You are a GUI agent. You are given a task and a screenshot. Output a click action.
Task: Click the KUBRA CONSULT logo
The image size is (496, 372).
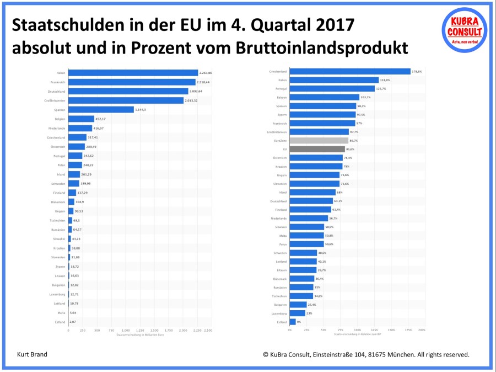click(x=465, y=30)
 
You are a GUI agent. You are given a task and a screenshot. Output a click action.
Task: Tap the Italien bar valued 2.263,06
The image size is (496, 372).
click(x=133, y=73)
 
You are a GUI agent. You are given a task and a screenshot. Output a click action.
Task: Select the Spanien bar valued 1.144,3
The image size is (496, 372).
click(x=101, y=109)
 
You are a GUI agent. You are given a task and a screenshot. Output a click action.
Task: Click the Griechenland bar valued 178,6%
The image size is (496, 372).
click(x=350, y=71)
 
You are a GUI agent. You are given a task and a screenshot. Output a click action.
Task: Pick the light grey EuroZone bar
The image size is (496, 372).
click(x=319, y=141)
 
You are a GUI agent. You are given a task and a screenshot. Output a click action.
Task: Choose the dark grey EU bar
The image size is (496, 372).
click(x=317, y=149)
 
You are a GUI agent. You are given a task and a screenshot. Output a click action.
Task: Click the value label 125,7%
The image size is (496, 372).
click(x=383, y=89)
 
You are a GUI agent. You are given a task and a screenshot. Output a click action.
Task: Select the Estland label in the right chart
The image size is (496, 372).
click(x=281, y=322)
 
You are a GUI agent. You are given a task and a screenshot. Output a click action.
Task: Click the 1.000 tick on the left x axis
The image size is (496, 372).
click(x=125, y=330)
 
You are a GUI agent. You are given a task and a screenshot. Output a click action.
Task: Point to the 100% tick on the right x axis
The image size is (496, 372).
click(x=357, y=330)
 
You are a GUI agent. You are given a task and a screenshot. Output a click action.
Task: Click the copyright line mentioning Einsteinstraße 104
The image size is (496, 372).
click(x=366, y=354)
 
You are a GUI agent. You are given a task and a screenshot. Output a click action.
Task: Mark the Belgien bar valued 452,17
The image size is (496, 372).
click(x=81, y=119)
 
